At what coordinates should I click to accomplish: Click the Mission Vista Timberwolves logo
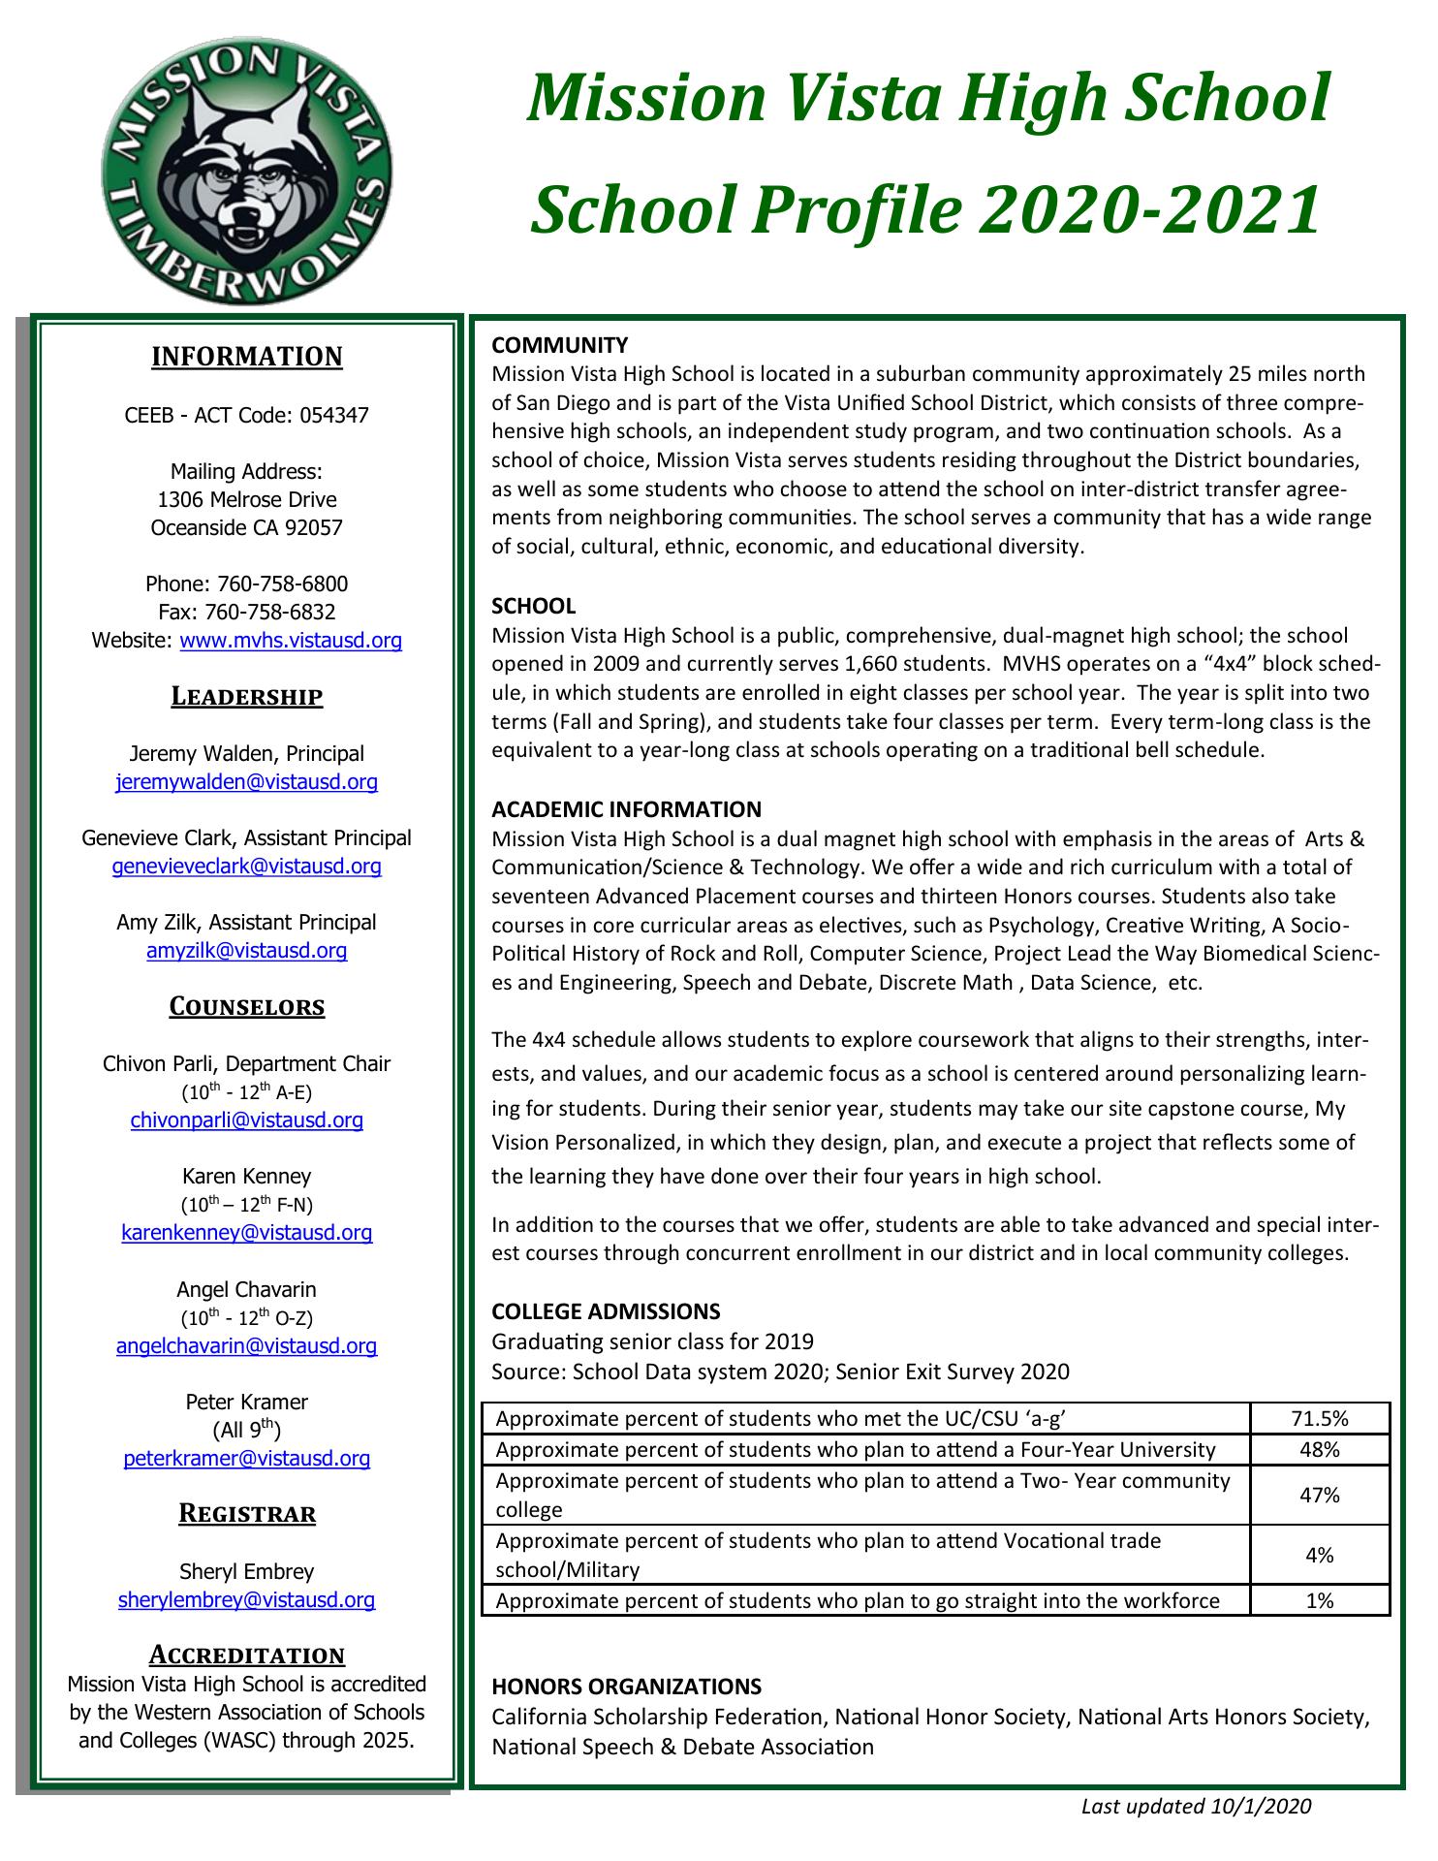click(247, 162)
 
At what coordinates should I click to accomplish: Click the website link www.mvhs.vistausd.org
click(291, 641)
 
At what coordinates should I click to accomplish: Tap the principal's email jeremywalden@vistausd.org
click(246, 782)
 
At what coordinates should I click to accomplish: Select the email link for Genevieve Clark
click(246, 867)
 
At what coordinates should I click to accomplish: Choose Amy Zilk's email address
click(246, 951)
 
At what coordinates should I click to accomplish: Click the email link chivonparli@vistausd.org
click(246, 1120)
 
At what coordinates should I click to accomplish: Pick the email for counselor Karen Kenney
click(246, 1233)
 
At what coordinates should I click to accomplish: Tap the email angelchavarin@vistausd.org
click(246, 1345)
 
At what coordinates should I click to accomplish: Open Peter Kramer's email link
click(246, 1459)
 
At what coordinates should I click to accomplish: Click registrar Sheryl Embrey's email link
click(246, 1600)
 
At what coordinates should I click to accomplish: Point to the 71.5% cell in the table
click(1319, 1419)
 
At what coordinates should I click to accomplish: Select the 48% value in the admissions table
click(1319, 1450)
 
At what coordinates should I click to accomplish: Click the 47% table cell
click(1319, 1496)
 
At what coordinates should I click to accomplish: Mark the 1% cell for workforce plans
click(1319, 1601)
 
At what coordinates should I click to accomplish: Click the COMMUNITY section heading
click(560, 345)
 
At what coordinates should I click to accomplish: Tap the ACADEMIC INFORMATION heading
click(626, 809)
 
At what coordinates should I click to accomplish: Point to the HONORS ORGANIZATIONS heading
click(626, 1687)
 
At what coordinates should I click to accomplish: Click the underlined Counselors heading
click(246, 1007)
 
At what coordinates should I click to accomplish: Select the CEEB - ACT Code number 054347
click(334, 416)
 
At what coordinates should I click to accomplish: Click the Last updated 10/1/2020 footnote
click(1196, 1807)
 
